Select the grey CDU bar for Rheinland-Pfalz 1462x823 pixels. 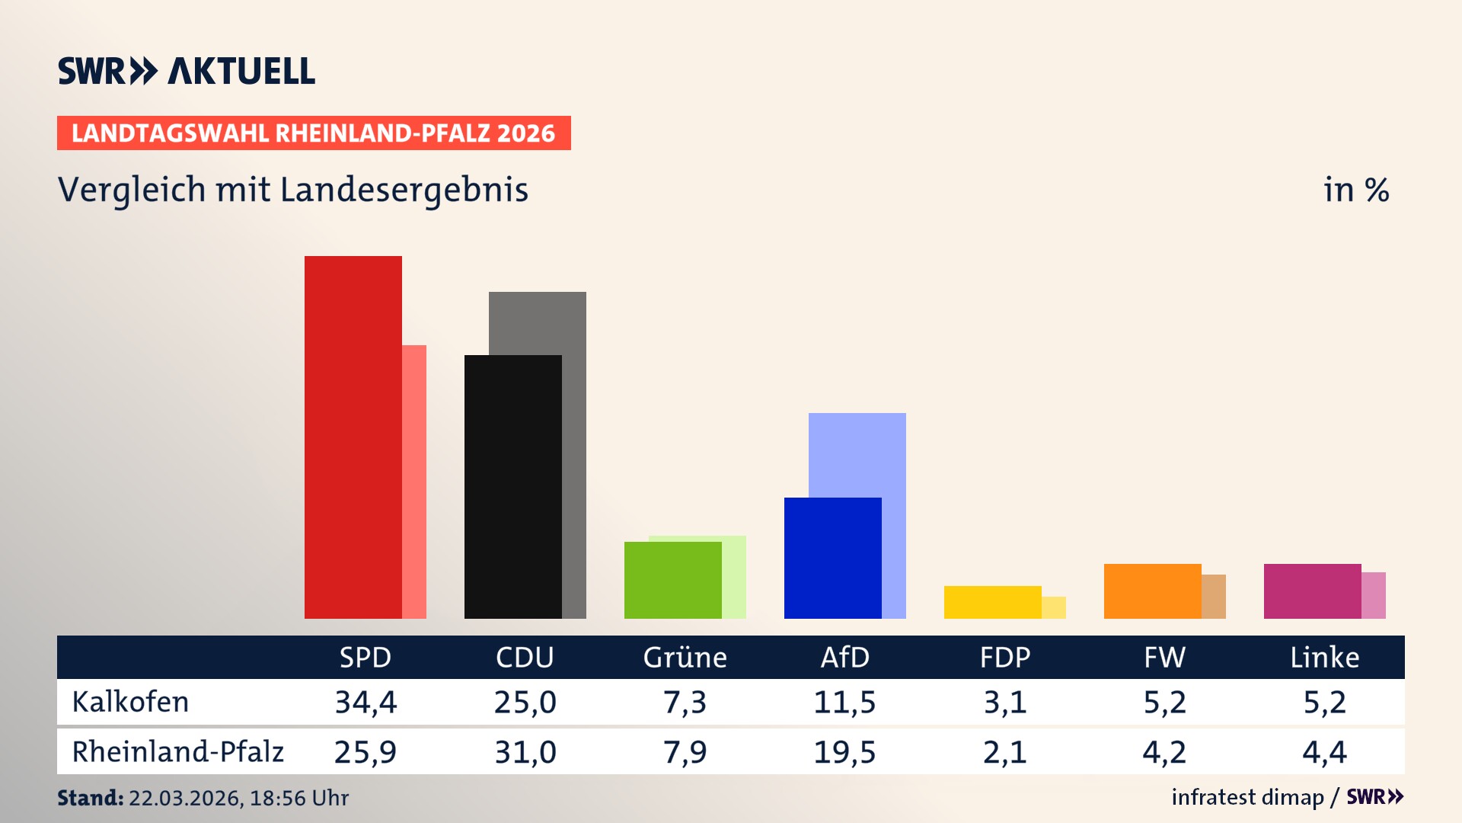574,457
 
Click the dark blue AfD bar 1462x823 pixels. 832,558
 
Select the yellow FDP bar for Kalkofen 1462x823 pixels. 992,602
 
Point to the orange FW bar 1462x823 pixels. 1152,591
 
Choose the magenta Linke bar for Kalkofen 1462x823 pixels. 1312,591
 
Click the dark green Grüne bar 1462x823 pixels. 672,580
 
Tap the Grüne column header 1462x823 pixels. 685,658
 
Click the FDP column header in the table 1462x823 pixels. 1004,658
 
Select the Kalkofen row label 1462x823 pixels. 130,702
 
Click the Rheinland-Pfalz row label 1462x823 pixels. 177,752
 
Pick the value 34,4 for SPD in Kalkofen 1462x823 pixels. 365,702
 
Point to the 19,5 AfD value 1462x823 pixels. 844,752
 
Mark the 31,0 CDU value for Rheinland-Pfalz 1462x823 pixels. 525,752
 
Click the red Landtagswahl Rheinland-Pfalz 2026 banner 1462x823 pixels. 314,133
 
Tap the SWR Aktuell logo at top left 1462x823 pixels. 186,71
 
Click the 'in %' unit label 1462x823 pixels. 1355,190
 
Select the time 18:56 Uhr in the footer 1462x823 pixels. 298,798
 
